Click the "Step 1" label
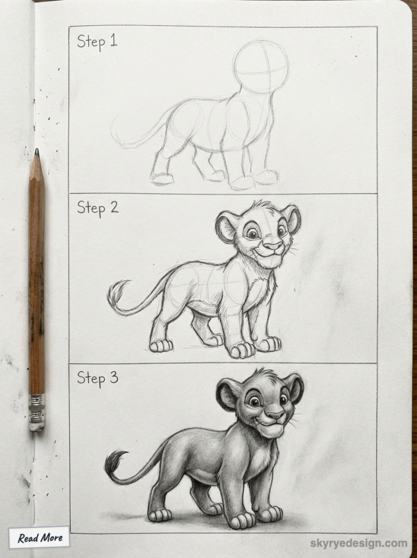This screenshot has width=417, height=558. click(96, 41)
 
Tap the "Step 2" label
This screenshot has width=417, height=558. click(97, 207)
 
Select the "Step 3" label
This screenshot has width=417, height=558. click(97, 377)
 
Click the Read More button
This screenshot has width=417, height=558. click(39, 538)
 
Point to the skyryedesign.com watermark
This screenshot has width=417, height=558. click(358, 543)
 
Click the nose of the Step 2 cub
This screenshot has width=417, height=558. click(272, 246)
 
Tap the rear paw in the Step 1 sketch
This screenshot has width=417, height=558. click(162, 179)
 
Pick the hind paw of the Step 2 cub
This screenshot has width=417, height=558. click(161, 345)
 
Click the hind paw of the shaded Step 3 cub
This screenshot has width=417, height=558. click(160, 515)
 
